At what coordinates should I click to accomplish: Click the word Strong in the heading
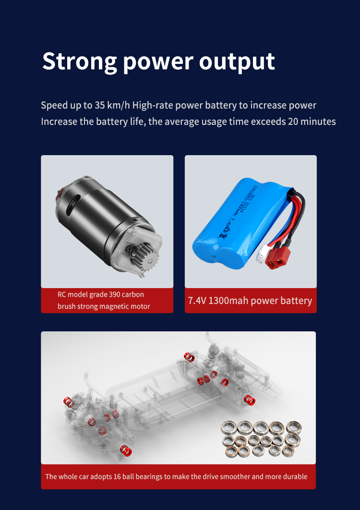pos(80,61)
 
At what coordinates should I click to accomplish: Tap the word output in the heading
pos(237,61)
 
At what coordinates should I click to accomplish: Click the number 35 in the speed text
pos(99,105)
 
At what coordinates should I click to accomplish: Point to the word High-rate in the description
pos(153,105)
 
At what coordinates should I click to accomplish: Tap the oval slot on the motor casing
pos(73,204)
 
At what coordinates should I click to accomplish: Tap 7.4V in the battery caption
pos(197,301)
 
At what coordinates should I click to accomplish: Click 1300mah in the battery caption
pos(228,301)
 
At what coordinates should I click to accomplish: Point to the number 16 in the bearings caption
pos(117,477)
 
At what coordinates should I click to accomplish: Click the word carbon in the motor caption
pos(133,295)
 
